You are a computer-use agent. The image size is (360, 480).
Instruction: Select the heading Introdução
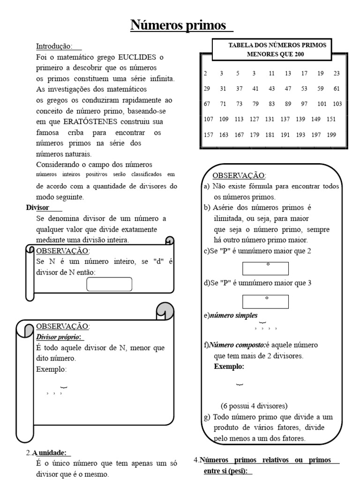point(54,46)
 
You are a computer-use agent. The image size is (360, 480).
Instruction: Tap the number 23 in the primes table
point(337,73)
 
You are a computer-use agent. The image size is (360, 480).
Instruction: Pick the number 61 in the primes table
point(337,89)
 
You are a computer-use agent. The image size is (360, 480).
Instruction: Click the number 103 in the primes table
point(337,104)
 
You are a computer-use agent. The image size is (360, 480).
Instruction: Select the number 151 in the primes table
point(331,119)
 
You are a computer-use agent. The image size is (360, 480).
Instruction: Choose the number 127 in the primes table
point(255,119)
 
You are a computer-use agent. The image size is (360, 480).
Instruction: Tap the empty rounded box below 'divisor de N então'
point(109,284)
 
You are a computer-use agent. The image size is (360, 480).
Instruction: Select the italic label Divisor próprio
point(58,337)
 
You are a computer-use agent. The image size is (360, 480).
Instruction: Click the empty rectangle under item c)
point(265,268)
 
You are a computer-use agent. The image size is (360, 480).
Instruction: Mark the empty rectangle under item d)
point(265,301)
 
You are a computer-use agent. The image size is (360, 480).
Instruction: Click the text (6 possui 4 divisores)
point(254,406)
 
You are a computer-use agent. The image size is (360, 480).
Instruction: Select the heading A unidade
point(51,453)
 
